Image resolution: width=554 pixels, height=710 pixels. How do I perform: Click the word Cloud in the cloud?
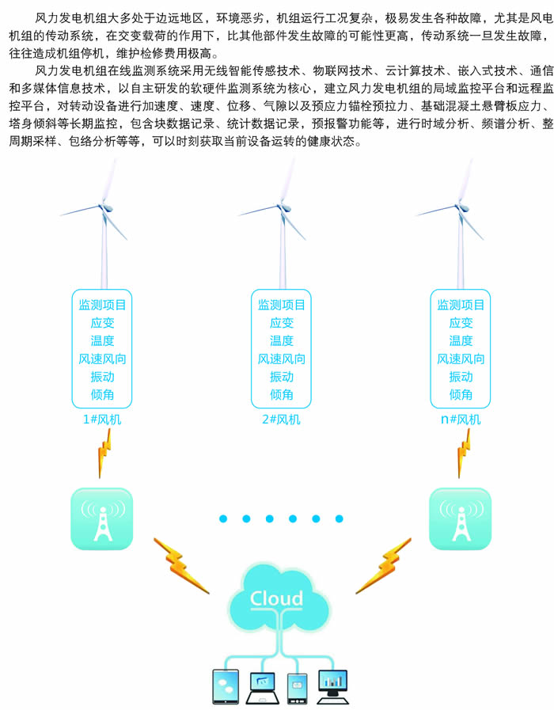click(x=276, y=598)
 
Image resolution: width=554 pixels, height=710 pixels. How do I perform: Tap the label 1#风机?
click(x=103, y=419)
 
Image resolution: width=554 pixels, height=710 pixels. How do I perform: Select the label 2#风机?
click(x=281, y=419)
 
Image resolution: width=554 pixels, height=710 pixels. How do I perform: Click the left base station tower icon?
click(x=102, y=519)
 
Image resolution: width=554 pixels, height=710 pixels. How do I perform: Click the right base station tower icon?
click(x=460, y=519)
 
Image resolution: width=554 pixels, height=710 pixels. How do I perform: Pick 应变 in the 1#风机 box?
click(x=103, y=323)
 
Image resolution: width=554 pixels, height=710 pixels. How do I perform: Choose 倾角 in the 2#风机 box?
click(x=282, y=394)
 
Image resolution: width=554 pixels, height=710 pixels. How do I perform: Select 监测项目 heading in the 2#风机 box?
click(x=282, y=305)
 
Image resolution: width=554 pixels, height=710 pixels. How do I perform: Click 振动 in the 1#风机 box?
click(x=103, y=377)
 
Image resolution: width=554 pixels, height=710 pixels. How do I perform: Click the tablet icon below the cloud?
click(x=225, y=686)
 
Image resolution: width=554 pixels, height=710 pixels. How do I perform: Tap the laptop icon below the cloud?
click(x=262, y=686)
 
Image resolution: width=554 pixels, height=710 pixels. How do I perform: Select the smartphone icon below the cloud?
click(x=297, y=687)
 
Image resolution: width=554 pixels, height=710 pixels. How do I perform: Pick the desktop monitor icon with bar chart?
click(x=333, y=684)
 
